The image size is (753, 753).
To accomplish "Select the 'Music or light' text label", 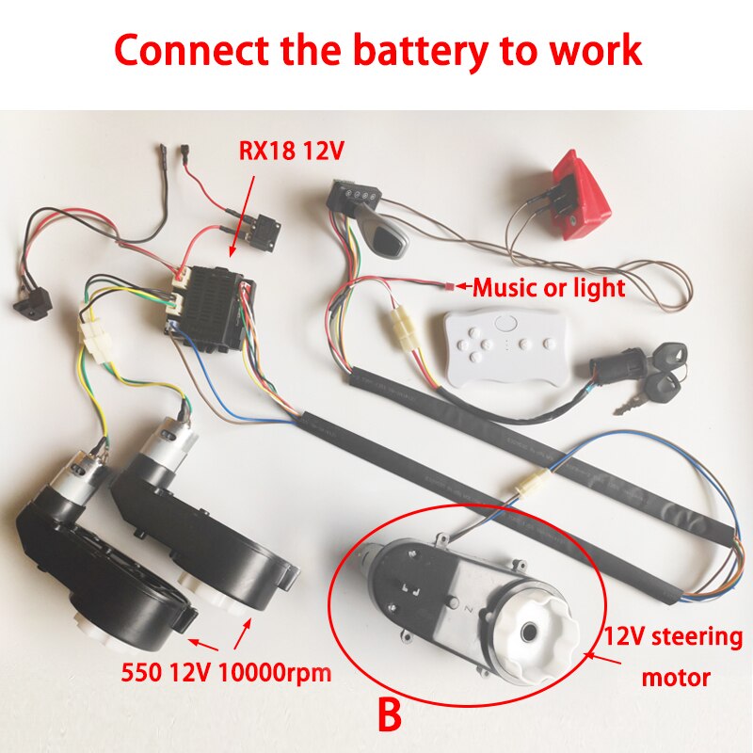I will [548, 288].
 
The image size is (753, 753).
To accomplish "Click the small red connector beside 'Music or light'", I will [451, 284].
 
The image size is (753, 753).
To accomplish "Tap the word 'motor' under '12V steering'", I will [675, 677].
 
